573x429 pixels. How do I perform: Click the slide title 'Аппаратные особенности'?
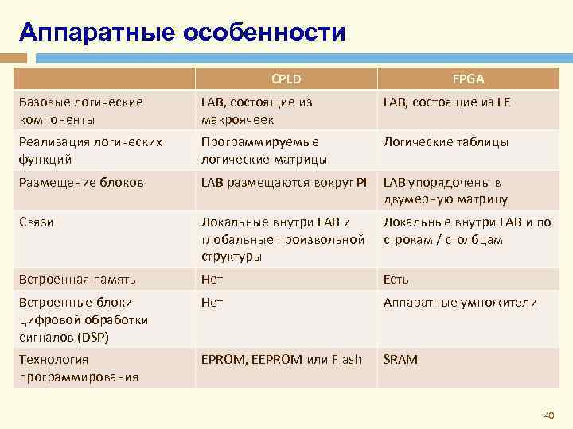point(182,33)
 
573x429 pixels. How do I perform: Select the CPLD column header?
point(286,79)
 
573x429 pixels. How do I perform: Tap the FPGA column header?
point(469,79)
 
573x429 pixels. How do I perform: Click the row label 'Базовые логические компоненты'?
point(81,110)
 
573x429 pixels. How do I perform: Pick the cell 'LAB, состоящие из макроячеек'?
point(257,110)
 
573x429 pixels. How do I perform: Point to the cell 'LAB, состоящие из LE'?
point(446,102)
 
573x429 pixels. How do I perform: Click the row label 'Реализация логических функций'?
point(91,150)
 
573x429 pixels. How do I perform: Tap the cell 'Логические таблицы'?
point(446,141)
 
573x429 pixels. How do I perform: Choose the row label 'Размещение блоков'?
point(81,182)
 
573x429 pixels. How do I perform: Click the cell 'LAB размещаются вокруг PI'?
point(284,182)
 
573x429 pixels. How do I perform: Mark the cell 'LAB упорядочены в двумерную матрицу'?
point(446,191)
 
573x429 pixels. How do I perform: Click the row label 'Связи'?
point(35,222)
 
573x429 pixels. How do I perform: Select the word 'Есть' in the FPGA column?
point(396,280)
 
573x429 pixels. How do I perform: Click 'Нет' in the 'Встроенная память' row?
point(212,280)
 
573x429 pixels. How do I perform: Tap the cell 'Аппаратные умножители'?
point(460,303)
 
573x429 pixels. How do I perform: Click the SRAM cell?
point(400,360)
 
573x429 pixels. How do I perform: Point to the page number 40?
point(547,415)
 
